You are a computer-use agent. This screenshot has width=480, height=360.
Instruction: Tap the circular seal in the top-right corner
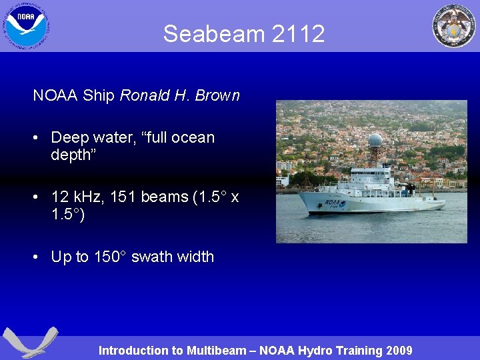click(x=453, y=26)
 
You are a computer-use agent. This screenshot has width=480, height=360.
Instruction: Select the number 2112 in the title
click(x=299, y=33)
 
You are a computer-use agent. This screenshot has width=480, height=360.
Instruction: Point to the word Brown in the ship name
click(x=217, y=95)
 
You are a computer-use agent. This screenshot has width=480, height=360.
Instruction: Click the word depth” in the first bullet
click(x=73, y=155)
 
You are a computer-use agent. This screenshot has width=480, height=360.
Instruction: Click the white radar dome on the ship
click(x=376, y=140)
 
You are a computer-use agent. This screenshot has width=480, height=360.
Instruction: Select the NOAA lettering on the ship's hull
click(x=331, y=202)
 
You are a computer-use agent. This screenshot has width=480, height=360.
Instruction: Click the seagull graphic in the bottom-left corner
click(x=30, y=342)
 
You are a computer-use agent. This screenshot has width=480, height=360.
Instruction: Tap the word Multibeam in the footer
click(x=216, y=351)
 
